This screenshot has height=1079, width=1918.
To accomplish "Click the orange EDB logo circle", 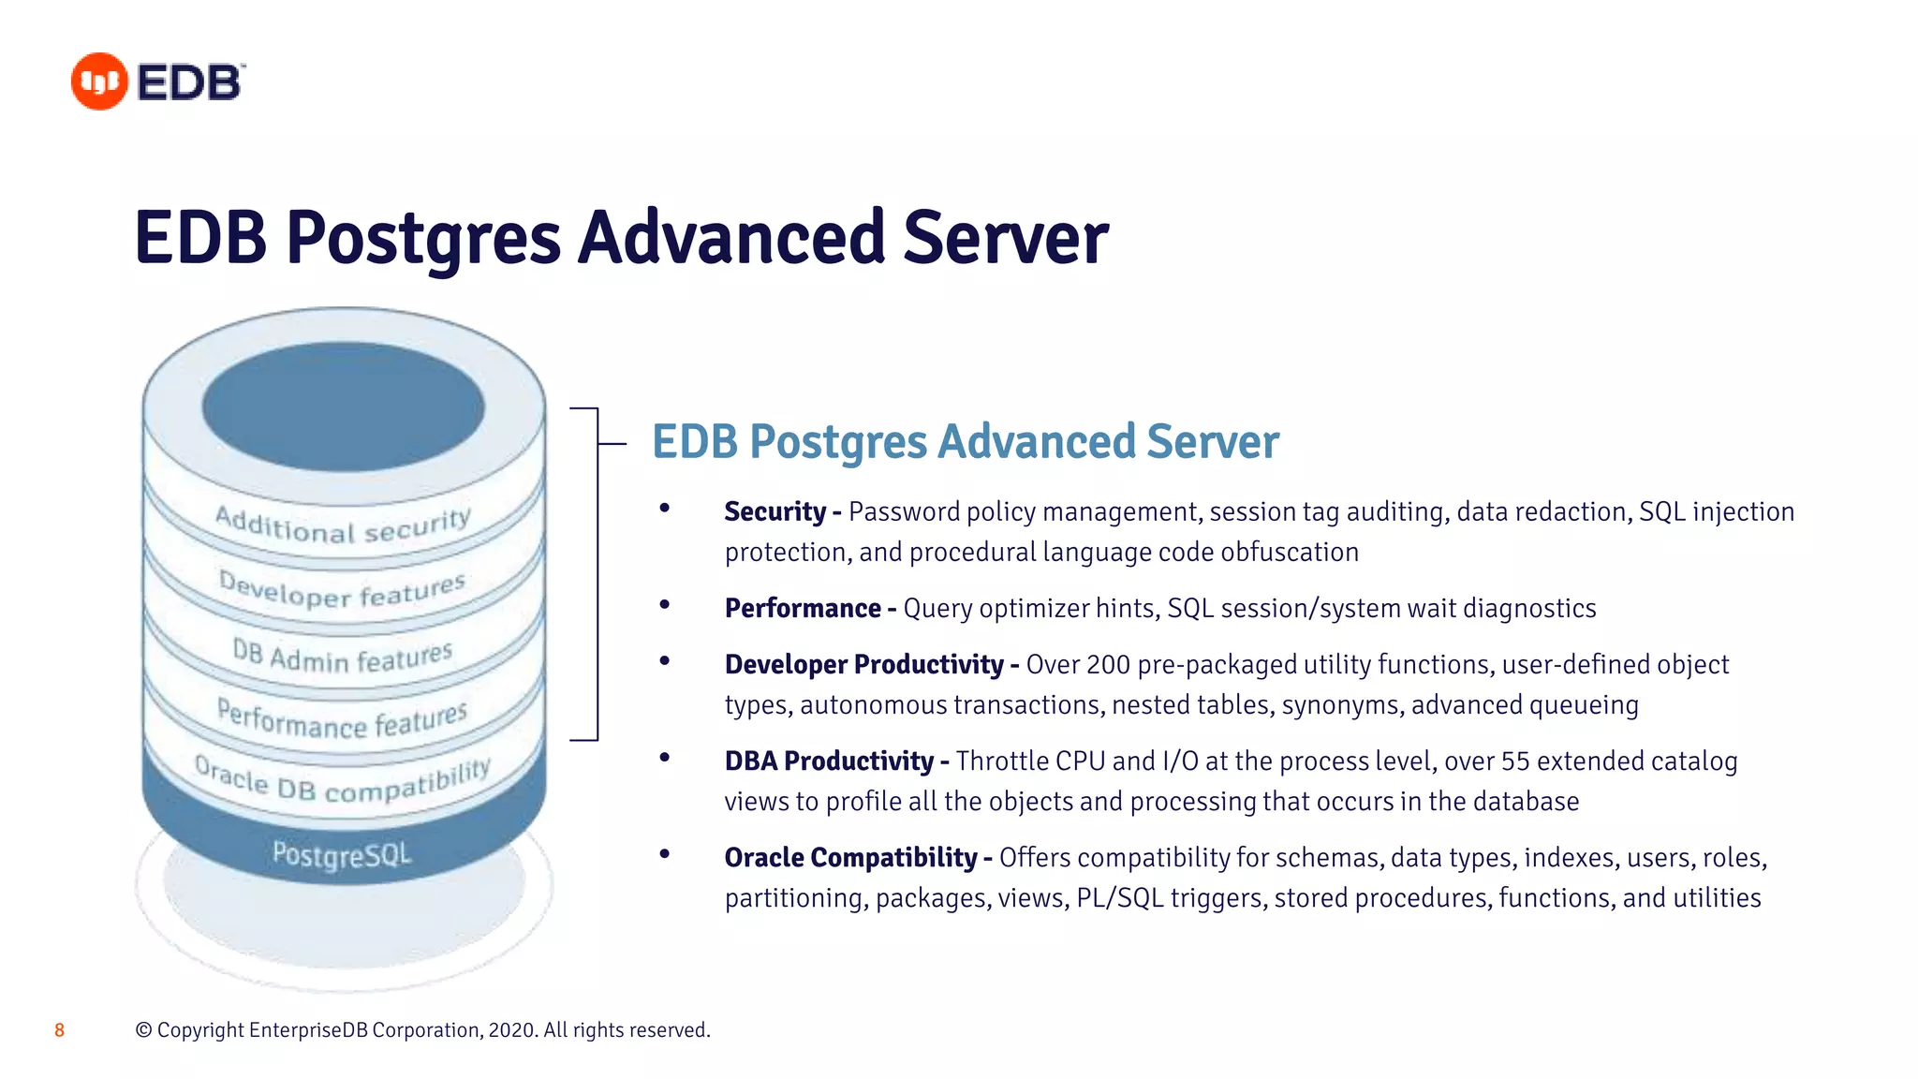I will pos(99,81).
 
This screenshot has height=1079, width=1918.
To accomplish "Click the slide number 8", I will pos(59,1030).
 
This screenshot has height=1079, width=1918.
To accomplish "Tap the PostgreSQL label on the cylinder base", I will pos(342,854).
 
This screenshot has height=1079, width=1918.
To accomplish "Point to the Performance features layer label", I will pos(342,719).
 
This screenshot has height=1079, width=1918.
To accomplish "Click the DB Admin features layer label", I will pos(342,656).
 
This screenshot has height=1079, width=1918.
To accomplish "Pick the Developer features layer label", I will pos(342,590).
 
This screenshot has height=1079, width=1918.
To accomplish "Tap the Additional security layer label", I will pos(342,525).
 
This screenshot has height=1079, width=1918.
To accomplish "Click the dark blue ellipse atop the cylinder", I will pos(343,406).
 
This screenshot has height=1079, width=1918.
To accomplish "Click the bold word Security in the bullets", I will pos(775,512).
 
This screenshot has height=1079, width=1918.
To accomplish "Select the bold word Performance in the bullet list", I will pos(803,609).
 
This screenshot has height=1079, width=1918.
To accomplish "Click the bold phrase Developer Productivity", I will pos(863,665).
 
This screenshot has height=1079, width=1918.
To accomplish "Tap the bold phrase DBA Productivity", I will pos(829,761).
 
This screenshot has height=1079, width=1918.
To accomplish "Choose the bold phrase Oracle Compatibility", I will pos(850,858).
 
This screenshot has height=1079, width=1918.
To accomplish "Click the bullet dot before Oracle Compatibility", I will pos(665,854).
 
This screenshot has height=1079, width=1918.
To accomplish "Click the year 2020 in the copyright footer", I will pos(511,1030).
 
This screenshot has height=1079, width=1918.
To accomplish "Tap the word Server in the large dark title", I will pos(1006,238).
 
